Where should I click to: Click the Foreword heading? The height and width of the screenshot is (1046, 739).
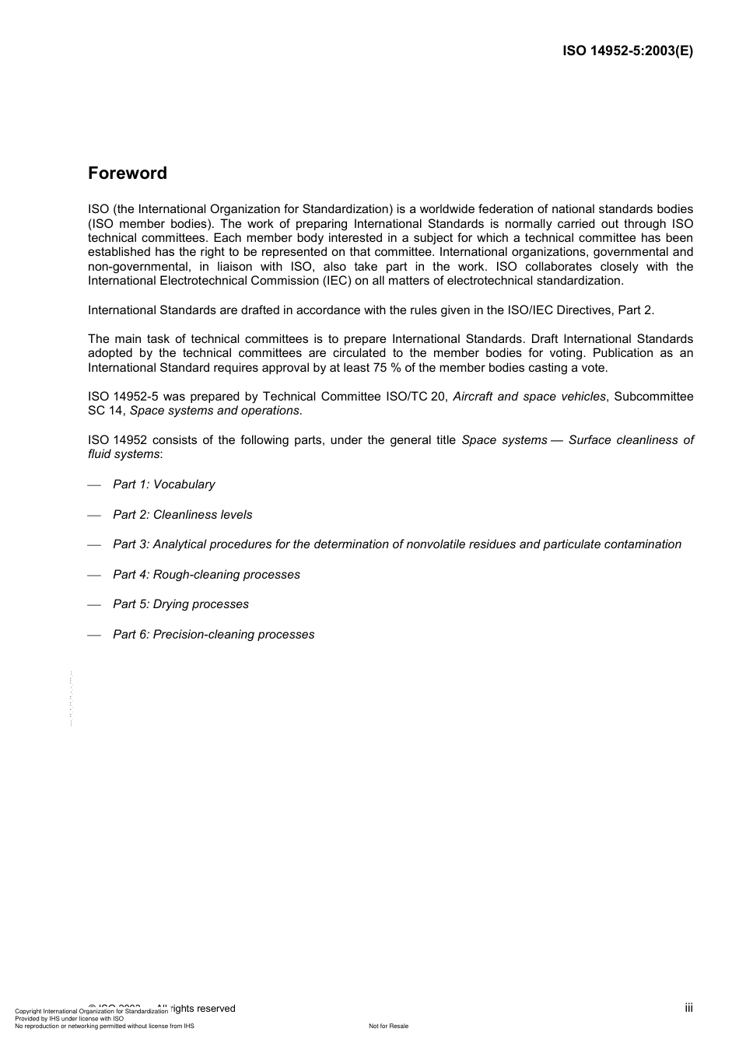tap(128, 173)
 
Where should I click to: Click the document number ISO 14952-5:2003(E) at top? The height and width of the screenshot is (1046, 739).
tap(628, 51)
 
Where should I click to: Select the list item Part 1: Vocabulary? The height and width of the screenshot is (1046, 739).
tap(163, 485)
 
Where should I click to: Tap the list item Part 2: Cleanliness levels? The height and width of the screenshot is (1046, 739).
tap(182, 515)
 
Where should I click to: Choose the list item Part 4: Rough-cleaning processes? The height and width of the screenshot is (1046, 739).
tap(206, 575)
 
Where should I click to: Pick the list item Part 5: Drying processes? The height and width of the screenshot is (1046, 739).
tap(180, 604)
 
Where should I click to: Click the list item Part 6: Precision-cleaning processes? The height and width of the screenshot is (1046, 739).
tap(213, 635)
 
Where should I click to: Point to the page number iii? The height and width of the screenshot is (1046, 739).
tap(688, 1008)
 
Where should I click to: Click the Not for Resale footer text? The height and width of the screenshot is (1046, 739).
tap(388, 1026)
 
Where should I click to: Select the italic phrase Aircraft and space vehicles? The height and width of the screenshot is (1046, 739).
tap(529, 397)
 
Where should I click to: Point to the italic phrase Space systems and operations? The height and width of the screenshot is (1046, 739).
tap(215, 411)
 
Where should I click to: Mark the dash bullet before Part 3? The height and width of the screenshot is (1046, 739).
tap(94, 545)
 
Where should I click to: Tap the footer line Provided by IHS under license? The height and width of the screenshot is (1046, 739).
tap(69, 1019)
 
